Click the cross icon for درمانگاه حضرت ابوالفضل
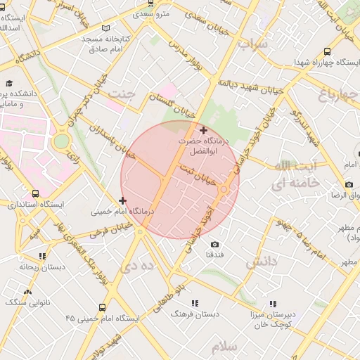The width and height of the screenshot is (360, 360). click(204, 130)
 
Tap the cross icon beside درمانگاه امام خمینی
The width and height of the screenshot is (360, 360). click(123, 201)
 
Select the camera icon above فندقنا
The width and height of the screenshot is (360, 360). click(214, 244)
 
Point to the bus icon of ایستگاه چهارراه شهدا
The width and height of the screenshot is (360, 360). click(328, 51)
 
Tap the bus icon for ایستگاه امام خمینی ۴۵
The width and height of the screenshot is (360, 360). click(103, 307)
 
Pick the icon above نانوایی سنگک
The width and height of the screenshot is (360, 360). click(28, 290)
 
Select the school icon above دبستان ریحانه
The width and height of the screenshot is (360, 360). click(42, 257)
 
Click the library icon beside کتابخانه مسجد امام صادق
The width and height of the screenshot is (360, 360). click(105, 28)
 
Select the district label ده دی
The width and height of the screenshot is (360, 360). click(136, 266)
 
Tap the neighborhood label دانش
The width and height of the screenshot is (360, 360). click(262, 263)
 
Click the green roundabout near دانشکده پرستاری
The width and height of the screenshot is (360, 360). click(62, 141)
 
